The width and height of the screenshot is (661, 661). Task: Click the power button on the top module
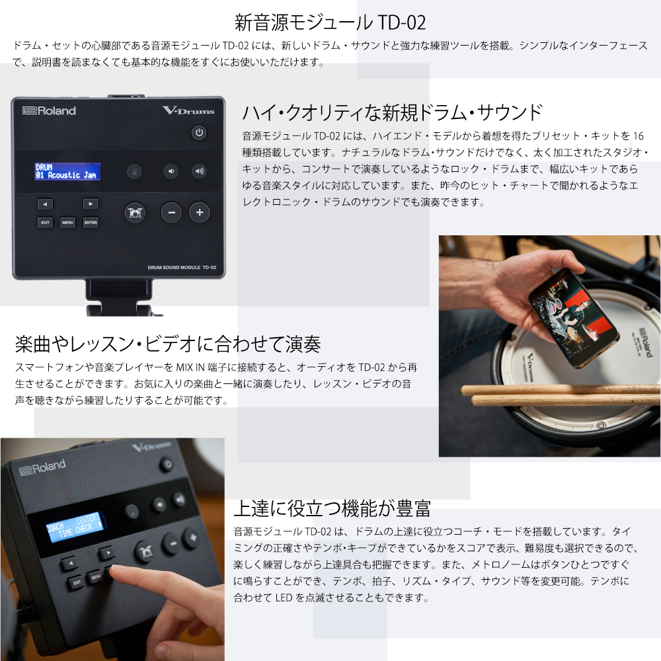tap(199, 132)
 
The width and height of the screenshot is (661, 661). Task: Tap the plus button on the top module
tap(200, 212)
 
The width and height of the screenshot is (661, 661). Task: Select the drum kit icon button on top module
tap(135, 212)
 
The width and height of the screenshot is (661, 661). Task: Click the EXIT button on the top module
tap(45, 222)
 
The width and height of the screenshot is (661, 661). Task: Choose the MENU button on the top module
tap(68, 222)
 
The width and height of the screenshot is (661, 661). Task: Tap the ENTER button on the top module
tap(91, 222)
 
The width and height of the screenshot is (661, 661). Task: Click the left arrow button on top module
tap(45, 204)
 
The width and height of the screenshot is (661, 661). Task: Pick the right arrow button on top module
tap(91, 204)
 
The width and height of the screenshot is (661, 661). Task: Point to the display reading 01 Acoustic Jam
tap(67, 172)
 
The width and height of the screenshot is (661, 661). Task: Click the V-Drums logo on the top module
tap(188, 110)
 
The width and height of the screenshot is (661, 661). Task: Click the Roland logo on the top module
tap(49, 111)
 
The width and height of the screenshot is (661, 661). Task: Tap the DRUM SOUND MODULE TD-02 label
tap(182, 267)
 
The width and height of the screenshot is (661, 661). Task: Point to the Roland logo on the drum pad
tap(646, 342)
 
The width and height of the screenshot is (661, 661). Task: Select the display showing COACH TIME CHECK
tap(74, 527)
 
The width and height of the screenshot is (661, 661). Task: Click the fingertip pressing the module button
tap(115, 571)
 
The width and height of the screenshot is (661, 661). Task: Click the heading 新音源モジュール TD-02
tap(330, 22)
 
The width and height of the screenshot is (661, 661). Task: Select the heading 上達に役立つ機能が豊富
tap(332, 508)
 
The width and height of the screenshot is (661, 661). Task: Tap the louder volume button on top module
tap(199, 171)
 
